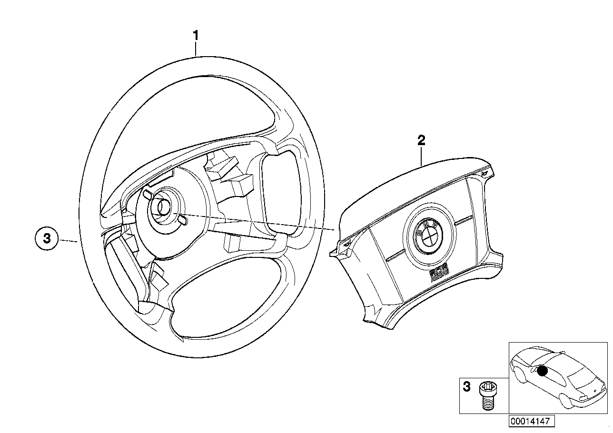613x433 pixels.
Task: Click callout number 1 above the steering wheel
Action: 196,36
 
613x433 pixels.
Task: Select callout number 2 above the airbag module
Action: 421,140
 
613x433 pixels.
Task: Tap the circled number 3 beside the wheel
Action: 47,238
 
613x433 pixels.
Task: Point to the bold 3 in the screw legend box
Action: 467,387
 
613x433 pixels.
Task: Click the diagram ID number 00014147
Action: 530,421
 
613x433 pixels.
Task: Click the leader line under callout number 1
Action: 196,49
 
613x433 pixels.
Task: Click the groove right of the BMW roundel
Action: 462,221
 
